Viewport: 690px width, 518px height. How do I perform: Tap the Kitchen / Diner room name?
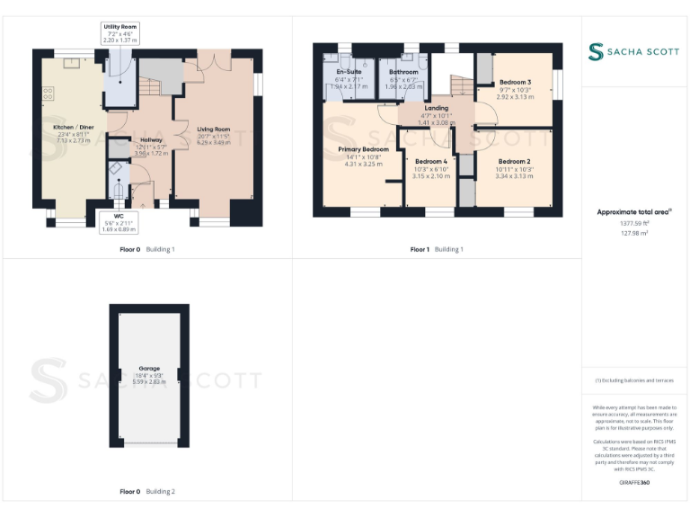(x=68, y=128)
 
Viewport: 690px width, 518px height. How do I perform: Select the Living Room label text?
(x=214, y=129)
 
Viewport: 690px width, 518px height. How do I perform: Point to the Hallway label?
(x=151, y=139)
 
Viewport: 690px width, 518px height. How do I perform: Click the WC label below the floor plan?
(x=119, y=216)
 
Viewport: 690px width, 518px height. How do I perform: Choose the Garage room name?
(x=149, y=369)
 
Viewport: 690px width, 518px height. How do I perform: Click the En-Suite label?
(x=349, y=72)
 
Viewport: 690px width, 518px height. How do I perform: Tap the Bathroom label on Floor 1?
(x=403, y=72)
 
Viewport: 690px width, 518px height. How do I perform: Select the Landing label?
(x=437, y=109)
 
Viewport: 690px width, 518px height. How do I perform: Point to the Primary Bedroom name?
(x=363, y=149)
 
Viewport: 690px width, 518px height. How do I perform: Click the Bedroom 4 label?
(x=430, y=162)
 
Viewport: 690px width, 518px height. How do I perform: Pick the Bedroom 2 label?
(x=514, y=162)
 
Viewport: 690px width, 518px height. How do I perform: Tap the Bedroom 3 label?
(x=515, y=82)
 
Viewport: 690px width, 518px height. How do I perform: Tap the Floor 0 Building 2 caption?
(x=147, y=492)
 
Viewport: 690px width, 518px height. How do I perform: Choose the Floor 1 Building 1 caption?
(x=437, y=249)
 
